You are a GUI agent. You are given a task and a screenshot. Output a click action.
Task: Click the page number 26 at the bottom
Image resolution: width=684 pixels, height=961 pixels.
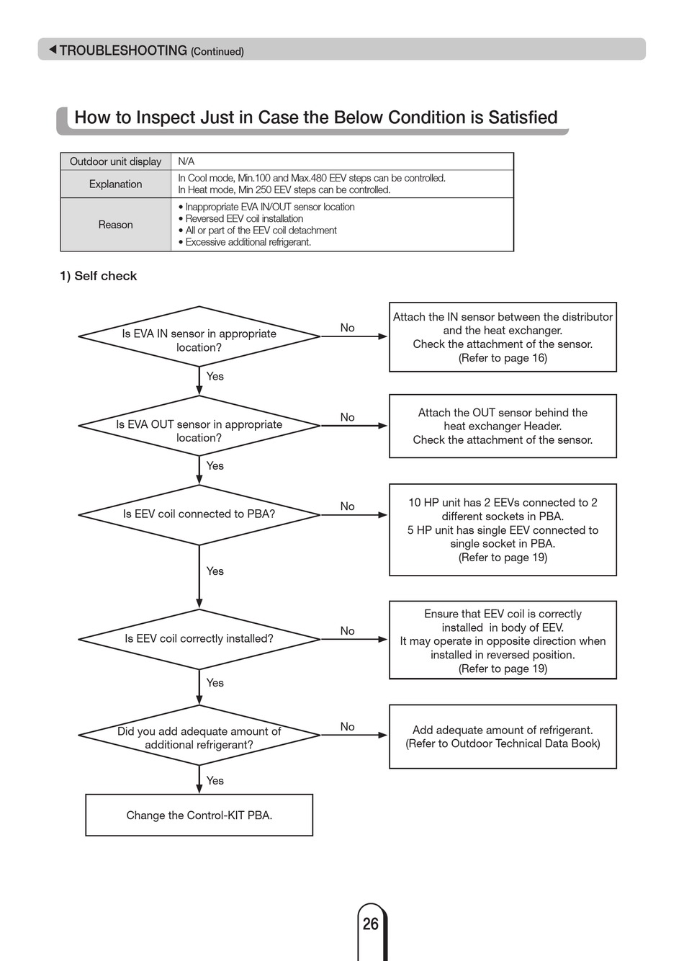[x=371, y=923]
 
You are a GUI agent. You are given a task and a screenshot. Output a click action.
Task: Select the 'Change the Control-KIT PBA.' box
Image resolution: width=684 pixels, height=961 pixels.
[x=199, y=815]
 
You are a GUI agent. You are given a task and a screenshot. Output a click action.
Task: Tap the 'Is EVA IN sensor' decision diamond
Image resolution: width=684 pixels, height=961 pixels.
[x=199, y=336]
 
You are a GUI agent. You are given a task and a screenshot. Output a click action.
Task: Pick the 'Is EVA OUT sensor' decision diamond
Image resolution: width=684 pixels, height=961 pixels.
[x=199, y=426]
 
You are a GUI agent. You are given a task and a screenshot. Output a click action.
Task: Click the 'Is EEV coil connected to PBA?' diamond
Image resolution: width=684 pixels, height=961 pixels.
[x=199, y=515]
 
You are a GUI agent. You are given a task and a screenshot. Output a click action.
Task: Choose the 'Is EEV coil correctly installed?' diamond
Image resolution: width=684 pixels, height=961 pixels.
[x=199, y=639]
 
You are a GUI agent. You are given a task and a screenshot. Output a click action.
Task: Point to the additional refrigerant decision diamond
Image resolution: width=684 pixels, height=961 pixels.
[x=199, y=735]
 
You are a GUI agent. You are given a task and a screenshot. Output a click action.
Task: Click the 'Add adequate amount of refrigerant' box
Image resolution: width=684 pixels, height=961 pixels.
[x=503, y=736]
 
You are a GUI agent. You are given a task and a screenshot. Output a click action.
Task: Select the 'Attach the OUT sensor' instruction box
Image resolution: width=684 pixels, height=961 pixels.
[x=503, y=426]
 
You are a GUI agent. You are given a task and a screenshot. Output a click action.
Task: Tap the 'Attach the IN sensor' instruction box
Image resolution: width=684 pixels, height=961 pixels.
[x=503, y=336]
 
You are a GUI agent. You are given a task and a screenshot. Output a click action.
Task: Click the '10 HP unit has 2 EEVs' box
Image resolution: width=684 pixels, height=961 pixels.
[x=503, y=529]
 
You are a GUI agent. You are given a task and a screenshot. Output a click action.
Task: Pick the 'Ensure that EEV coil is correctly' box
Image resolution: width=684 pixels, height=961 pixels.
[x=503, y=640]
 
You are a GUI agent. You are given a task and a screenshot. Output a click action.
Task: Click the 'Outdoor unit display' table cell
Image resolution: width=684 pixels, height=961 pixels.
[x=116, y=161]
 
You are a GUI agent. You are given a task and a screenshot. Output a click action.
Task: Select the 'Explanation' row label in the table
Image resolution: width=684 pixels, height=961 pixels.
[x=116, y=184]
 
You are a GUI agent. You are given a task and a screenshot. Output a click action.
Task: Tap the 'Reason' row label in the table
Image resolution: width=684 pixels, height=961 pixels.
[x=116, y=224]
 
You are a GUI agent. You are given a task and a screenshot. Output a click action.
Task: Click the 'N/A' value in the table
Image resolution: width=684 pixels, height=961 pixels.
[x=186, y=161]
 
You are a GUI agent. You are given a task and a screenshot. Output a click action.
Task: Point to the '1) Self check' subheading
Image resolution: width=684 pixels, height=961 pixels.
[x=98, y=276]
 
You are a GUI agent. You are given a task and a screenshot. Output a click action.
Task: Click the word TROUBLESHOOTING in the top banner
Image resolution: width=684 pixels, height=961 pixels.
[x=123, y=50]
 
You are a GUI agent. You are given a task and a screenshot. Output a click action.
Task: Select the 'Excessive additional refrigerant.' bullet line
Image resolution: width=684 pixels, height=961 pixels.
[x=245, y=242]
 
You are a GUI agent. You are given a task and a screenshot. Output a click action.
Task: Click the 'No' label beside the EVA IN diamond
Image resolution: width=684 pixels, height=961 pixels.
[x=347, y=328]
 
